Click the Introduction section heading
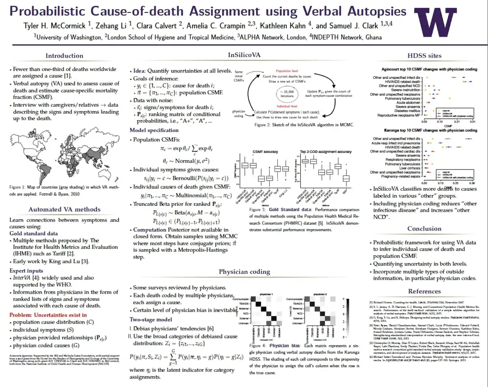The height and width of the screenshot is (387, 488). [64, 56]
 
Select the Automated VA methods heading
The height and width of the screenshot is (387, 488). [64, 209]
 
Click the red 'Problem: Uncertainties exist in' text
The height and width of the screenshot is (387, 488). [48, 315]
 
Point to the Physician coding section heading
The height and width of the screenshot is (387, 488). [244, 272]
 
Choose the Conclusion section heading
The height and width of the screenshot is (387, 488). [425, 228]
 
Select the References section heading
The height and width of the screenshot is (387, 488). [425, 291]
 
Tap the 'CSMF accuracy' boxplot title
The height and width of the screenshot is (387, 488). [265, 151]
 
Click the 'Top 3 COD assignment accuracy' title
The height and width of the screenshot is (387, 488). [326, 151]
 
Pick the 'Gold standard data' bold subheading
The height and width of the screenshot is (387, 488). [33, 234]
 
